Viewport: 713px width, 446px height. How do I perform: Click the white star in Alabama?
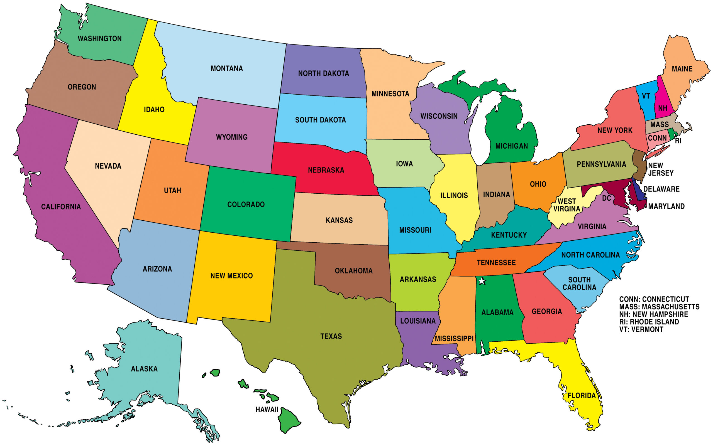(x=482, y=281)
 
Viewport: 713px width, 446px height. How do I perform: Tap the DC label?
(x=606, y=198)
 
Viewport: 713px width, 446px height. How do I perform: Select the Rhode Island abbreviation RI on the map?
(x=678, y=141)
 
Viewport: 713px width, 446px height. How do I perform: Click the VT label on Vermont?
(x=646, y=96)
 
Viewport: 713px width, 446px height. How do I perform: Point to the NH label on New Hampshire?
(x=663, y=108)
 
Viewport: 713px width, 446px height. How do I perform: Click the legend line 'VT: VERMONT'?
(x=641, y=329)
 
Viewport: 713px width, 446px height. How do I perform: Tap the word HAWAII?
(x=267, y=410)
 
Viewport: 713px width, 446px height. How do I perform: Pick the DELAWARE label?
(x=661, y=189)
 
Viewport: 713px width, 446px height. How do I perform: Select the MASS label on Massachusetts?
(x=659, y=124)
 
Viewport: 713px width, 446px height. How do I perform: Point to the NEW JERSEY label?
(x=660, y=169)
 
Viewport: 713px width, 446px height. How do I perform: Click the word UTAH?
(x=172, y=191)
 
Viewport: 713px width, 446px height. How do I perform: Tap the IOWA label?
(x=404, y=164)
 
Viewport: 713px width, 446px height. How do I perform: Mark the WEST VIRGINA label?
(x=567, y=205)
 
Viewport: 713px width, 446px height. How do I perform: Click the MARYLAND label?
(x=666, y=206)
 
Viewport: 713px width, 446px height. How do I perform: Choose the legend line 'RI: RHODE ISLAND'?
(x=649, y=322)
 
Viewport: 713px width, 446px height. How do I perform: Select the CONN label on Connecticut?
(x=657, y=138)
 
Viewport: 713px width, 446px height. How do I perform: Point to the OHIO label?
(x=538, y=184)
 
